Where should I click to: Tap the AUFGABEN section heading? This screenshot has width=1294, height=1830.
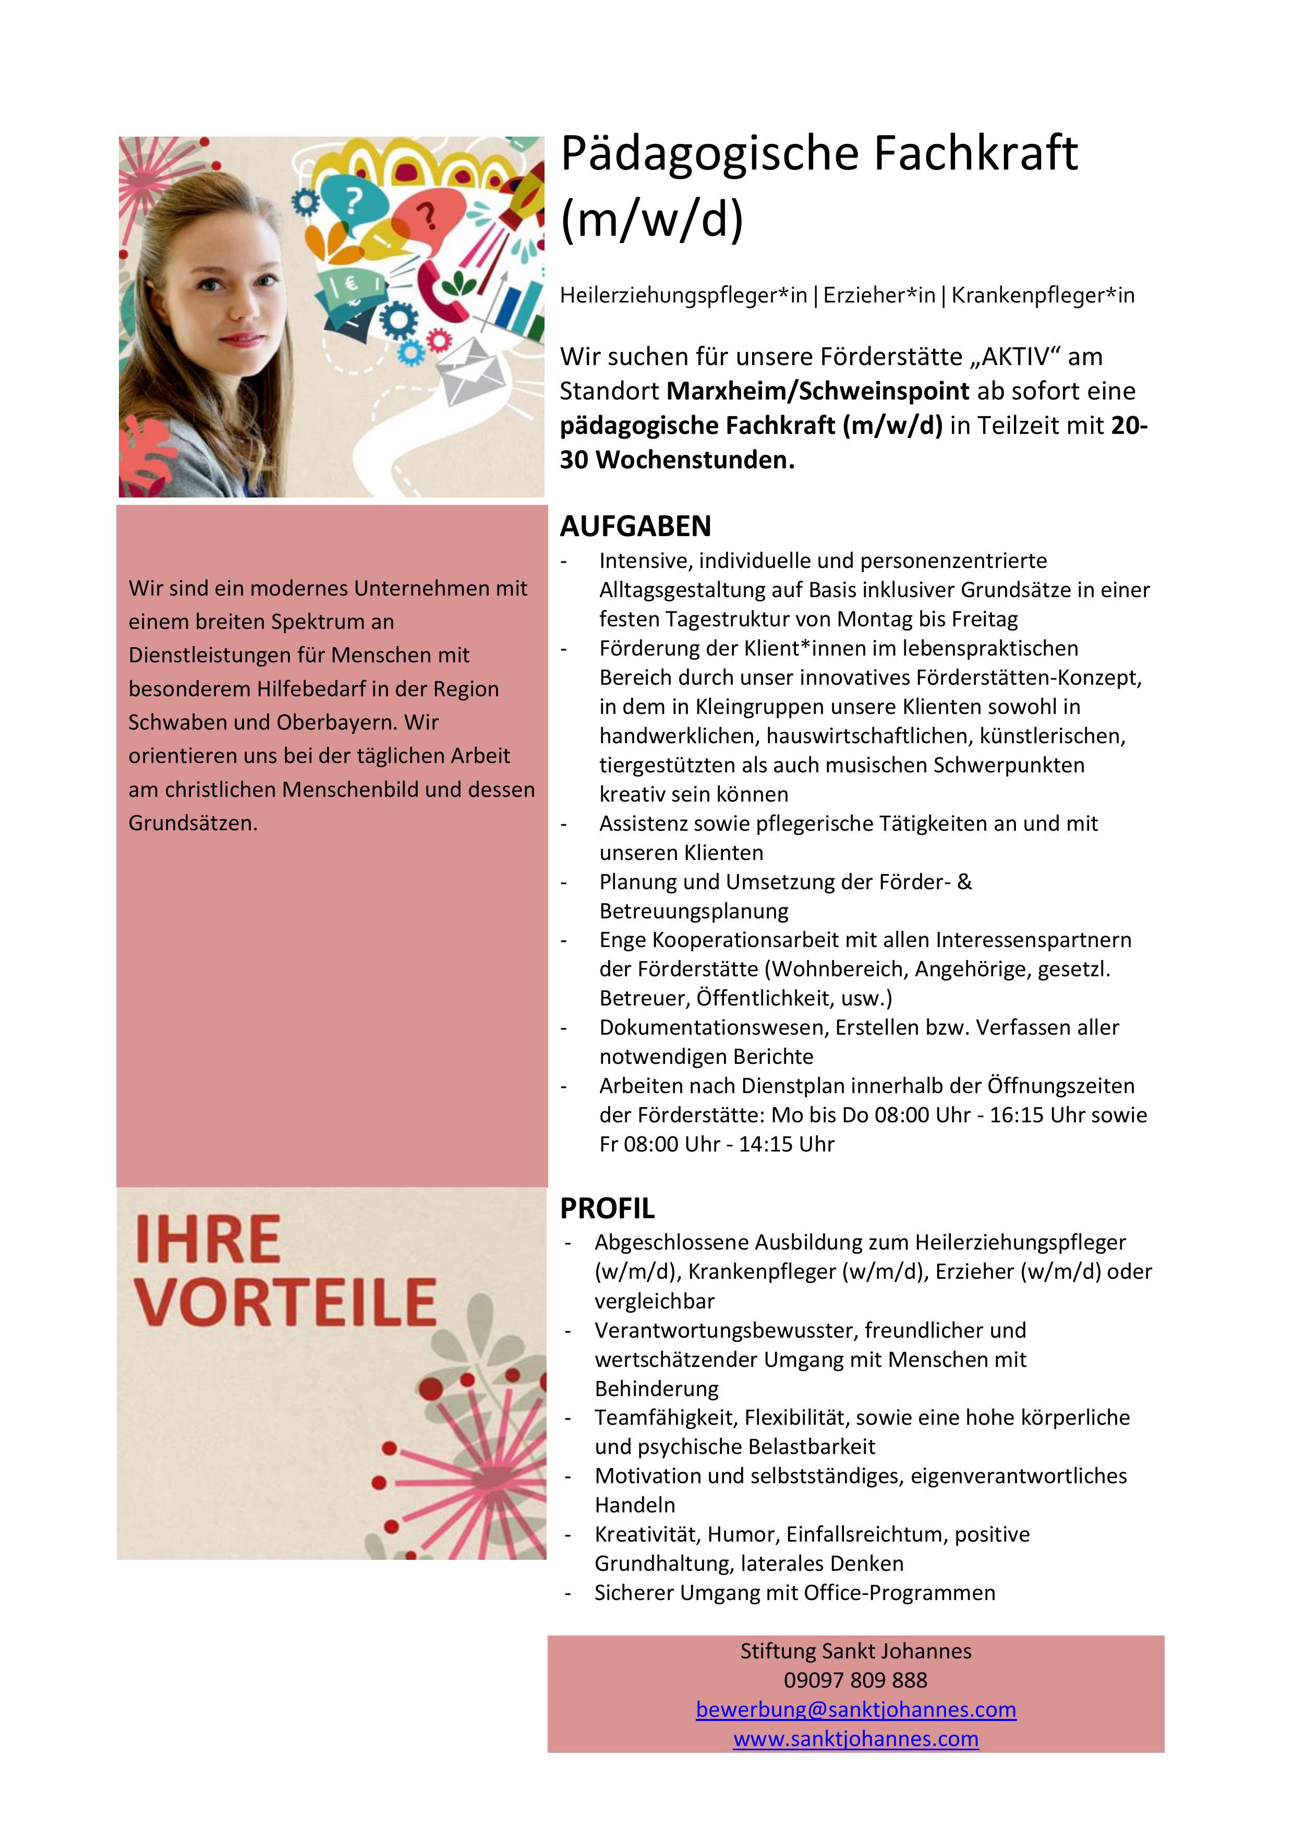point(635,526)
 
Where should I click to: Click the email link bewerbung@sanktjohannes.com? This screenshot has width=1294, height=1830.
point(855,1710)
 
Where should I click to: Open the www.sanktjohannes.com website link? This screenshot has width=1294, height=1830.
point(855,1739)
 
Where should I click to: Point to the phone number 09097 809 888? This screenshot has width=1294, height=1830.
point(855,1680)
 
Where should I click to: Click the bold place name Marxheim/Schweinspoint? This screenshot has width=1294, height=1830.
point(818,391)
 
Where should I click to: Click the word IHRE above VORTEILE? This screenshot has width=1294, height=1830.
point(208,1240)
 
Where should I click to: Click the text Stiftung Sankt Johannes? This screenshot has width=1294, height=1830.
point(855,1651)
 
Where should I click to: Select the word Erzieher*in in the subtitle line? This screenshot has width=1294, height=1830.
point(879,296)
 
